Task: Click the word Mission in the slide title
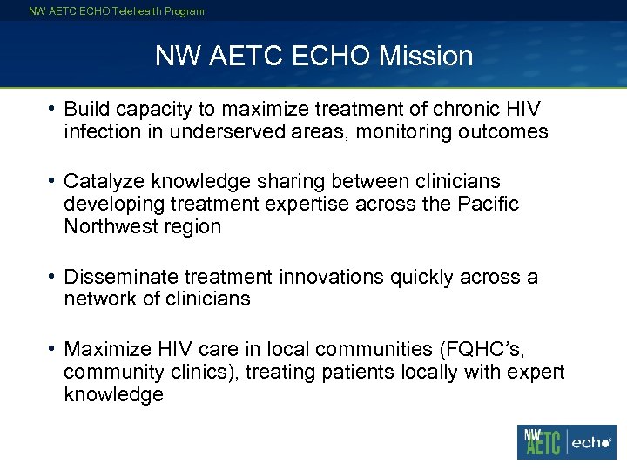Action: [429, 57]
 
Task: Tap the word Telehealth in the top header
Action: [132, 11]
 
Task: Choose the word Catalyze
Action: [106, 181]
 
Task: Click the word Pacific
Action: [485, 204]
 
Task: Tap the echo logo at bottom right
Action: [592, 443]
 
